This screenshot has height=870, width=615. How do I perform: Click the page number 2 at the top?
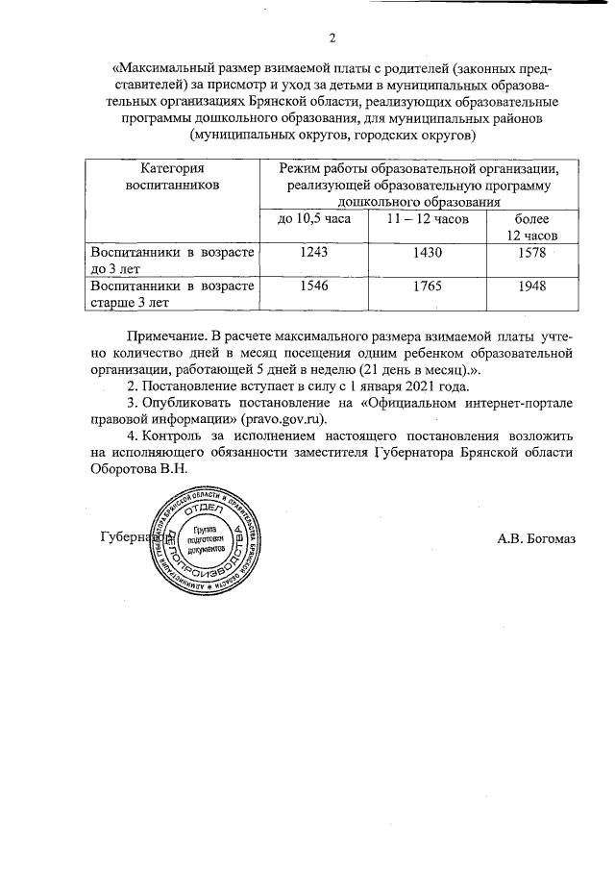332,38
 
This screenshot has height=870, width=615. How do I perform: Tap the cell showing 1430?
427,253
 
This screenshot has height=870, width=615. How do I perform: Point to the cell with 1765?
427,286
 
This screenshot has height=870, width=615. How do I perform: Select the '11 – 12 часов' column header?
427,220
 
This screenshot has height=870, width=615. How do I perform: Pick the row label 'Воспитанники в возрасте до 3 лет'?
172,261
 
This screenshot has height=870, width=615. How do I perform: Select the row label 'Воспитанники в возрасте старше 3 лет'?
172,294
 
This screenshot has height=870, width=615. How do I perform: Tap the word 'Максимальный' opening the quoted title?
160,70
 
